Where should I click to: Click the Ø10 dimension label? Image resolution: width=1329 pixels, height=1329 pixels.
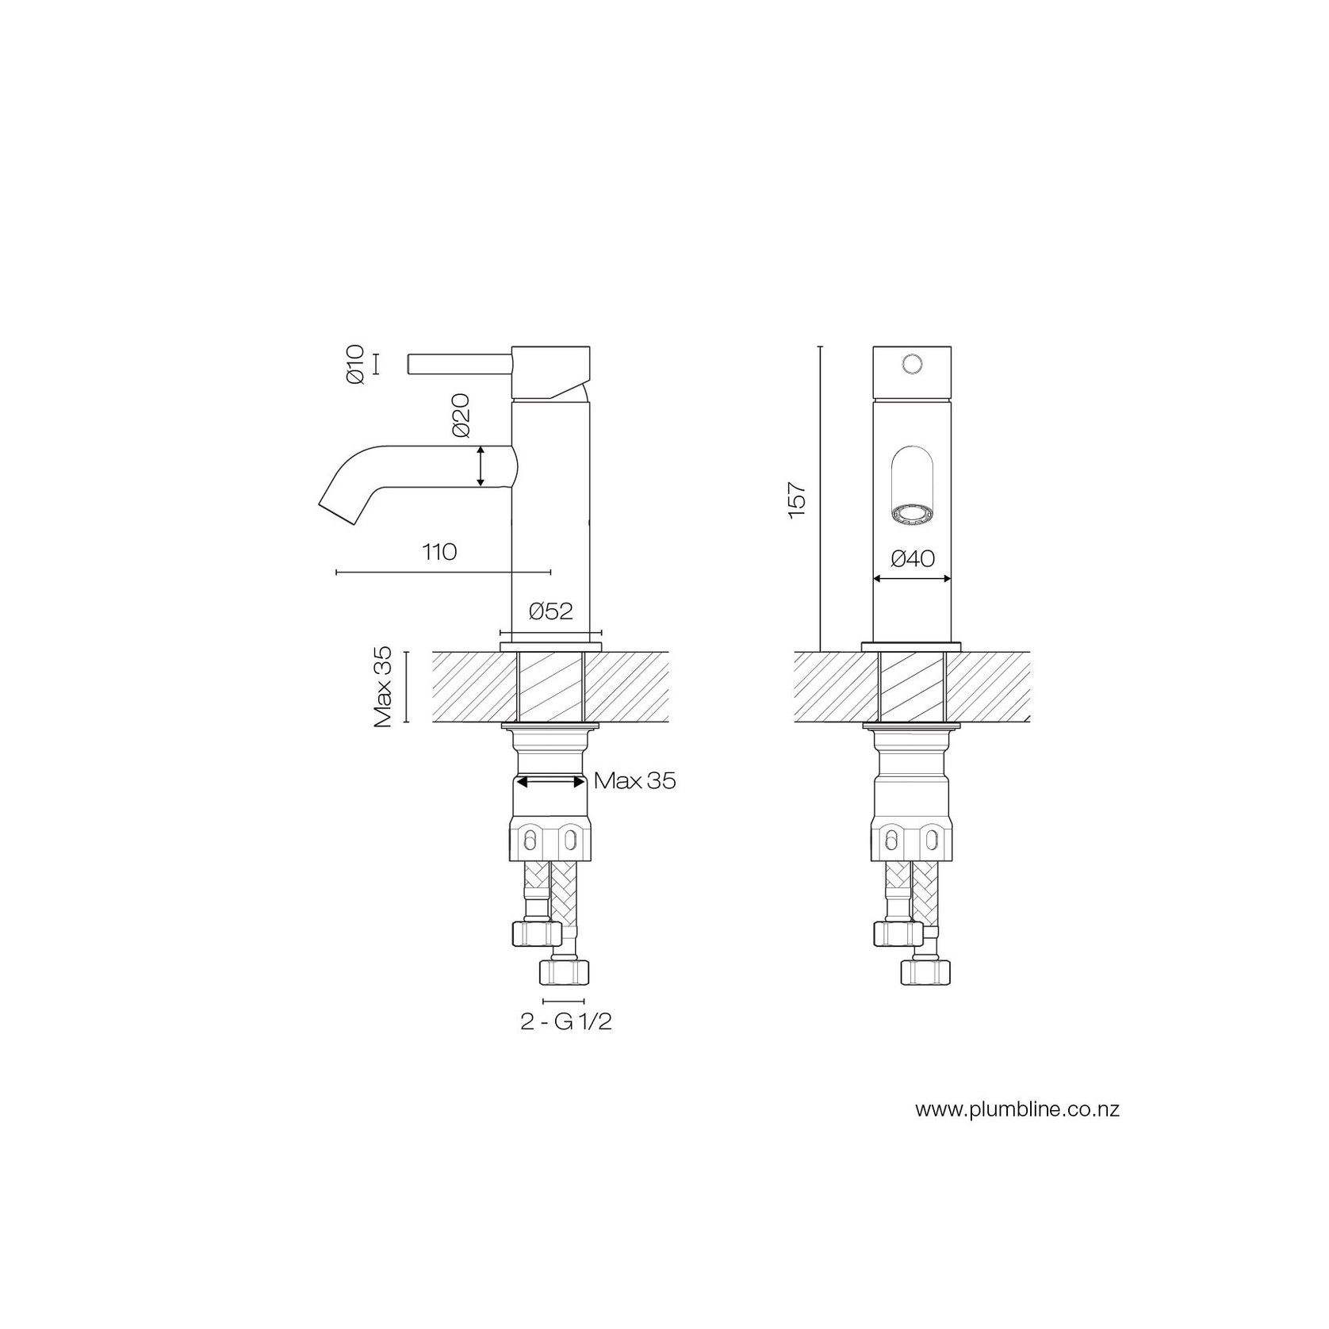pos(354,365)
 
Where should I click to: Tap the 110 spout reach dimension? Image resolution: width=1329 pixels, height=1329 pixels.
pos(440,552)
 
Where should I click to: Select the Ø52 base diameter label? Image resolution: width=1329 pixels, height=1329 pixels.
pos(550,611)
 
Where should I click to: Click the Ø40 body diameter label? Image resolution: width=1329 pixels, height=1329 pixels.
pos(913,559)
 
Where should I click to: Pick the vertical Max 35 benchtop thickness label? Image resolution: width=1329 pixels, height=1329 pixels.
pos(385,687)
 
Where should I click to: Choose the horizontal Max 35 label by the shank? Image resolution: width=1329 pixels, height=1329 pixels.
pos(635,781)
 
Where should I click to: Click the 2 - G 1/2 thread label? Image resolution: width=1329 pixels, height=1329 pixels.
pos(566,1022)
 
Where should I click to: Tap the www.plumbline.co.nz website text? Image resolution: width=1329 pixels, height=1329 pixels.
pos(1017,1109)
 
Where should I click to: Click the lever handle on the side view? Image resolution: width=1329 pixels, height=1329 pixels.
pos(460,364)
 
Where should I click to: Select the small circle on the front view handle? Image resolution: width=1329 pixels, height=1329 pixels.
pos(913,364)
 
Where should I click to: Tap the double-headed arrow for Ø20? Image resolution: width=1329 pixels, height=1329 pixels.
pos(481,466)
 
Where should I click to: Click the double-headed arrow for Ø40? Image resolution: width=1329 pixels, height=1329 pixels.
pos(913,579)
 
